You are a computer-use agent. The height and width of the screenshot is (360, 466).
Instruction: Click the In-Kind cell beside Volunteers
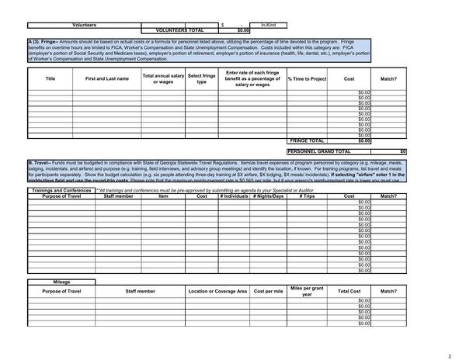click(268, 25)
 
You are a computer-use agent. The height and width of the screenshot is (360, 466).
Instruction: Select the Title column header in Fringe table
click(50, 79)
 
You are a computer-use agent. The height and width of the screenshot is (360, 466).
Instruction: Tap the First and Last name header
click(107, 79)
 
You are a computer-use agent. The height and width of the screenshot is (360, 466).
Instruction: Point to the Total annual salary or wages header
click(163, 79)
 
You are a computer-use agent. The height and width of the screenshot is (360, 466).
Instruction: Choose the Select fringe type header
click(201, 79)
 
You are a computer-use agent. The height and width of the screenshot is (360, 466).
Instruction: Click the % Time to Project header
click(307, 79)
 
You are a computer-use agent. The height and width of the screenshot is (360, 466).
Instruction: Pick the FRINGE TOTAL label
click(307, 140)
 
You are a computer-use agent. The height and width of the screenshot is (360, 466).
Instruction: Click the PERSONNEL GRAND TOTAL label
click(318, 151)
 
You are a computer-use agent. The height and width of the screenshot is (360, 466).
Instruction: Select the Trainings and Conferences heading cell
click(61, 190)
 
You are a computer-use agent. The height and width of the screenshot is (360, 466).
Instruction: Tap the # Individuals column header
click(233, 196)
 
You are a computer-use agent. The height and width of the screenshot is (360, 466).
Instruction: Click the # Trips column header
click(307, 196)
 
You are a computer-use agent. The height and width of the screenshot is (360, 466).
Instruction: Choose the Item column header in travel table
click(163, 196)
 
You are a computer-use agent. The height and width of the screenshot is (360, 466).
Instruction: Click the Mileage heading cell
click(61, 282)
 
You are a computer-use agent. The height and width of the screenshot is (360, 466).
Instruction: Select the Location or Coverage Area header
click(217, 291)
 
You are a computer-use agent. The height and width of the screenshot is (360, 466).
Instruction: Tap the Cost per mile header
click(268, 291)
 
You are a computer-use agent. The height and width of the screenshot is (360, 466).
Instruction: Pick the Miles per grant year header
click(307, 291)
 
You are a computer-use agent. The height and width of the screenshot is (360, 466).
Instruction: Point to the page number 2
click(449, 355)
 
